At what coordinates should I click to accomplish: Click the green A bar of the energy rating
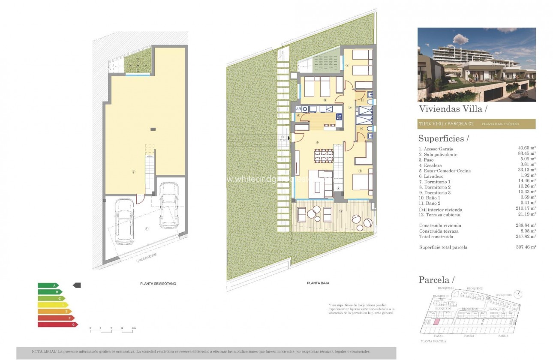(x=48, y=285)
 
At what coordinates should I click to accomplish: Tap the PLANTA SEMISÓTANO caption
(x=158, y=284)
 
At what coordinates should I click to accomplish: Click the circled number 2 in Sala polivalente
(x=134, y=172)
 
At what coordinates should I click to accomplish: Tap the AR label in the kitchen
(x=299, y=109)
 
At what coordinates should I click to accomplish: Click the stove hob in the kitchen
(x=339, y=116)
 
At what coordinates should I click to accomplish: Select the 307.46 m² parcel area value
(x=527, y=247)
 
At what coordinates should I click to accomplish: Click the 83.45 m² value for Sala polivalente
(x=527, y=154)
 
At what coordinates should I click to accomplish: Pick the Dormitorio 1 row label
(x=435, y=182)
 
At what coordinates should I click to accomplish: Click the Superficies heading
(x=441, y=138)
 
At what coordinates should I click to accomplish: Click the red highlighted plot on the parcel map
(x=436, y=322)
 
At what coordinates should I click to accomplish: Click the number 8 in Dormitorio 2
(x=347, y=66)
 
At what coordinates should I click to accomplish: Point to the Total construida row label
(x=436, y=237)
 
